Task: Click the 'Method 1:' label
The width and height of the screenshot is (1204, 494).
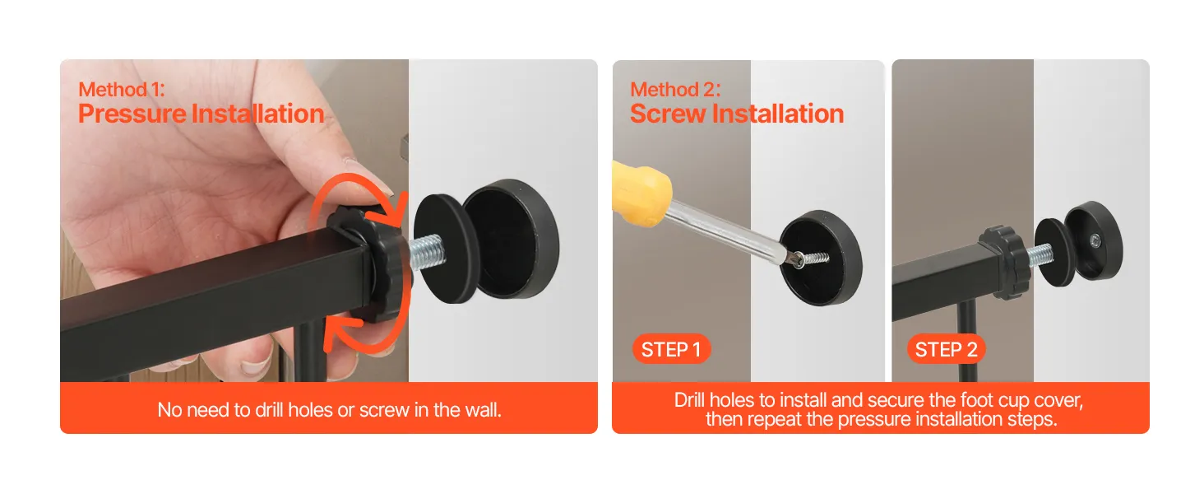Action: [x=122, y=89]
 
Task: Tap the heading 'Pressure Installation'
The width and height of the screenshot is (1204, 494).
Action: [x=201, y=114]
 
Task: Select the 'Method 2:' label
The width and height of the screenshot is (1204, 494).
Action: [x=675, y=89]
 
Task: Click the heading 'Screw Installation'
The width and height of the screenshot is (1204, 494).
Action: [x=737, y=114]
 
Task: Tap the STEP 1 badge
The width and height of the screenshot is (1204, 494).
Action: [x=671, y=349]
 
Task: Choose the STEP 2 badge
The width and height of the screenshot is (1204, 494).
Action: [x=946, y=349]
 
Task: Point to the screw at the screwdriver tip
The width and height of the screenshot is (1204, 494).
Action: [x=812, y=259]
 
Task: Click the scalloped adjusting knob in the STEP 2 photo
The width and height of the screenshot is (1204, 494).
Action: [x=1005, y=263]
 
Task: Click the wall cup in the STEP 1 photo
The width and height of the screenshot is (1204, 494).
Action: [x=821, y=258]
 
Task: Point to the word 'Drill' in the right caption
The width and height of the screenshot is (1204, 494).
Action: [x=690, y=400]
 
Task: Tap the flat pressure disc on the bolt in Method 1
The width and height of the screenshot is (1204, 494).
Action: [x=446, y=249]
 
